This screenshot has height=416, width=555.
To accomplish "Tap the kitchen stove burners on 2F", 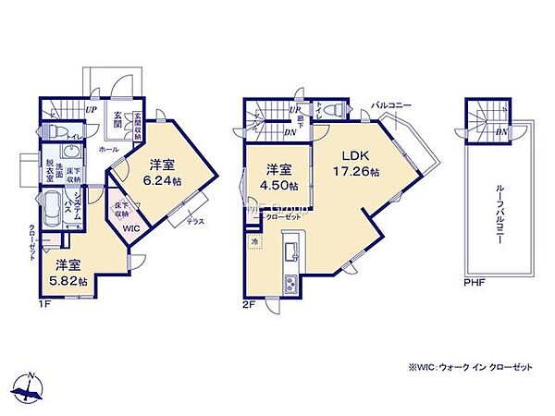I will pos(291,282).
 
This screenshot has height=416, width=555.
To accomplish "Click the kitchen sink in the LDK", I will pos(291,250).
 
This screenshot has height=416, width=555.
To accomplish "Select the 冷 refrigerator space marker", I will pos(254,241).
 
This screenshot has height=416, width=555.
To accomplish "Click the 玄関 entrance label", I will pos(117,119).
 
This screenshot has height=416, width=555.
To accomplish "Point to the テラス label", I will pos(195,222).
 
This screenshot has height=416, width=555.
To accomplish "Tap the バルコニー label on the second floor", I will pos(392,105).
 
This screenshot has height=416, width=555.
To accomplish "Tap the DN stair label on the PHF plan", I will pos(500,133).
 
